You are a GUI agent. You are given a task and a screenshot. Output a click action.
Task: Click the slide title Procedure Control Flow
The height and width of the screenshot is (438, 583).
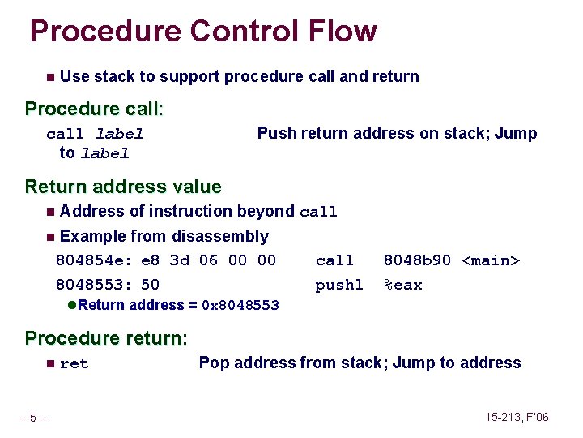pyautogui.click(x=203, y=32)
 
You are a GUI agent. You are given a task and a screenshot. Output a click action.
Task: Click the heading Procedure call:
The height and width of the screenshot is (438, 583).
pyautogui.click(x=95, y=109)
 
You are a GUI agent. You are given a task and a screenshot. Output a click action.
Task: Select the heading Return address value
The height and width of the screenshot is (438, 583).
pyautogui.click(x=123, y=187)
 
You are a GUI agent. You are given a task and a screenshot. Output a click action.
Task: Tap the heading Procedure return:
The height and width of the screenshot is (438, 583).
pyautogui.click(x=106, y=337)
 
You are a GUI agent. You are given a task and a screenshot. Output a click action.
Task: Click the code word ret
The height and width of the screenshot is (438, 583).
pyautogui.click(x=74, y=364)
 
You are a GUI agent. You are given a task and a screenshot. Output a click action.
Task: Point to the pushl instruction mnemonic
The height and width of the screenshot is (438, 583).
pyautogui.click(x=339, y=285)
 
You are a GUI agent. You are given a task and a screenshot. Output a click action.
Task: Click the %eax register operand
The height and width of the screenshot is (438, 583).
pyautogui.click(x=402, y=285)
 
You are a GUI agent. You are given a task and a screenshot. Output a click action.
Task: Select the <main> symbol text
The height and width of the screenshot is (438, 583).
pyautogui.click(x=491, y=260)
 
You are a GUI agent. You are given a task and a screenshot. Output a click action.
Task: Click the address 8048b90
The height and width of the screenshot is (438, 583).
pyautogui.click(x=417, y=260)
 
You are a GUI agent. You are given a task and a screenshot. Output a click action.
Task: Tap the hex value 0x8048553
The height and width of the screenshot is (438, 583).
pyautogui.click(x=240, y=306)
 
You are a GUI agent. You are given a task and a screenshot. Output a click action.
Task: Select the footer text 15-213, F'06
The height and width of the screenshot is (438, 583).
pyautogui.click(x=517, y=417)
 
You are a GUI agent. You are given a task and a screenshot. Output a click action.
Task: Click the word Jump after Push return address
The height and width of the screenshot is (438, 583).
pyautogui.click(x=516, y=134)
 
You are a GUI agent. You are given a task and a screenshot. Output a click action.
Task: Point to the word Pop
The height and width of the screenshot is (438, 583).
pyautogui.click(x=213, y=363)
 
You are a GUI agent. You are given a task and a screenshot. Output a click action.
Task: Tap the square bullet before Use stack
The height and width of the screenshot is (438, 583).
pyautogui.click(x=50, y=77)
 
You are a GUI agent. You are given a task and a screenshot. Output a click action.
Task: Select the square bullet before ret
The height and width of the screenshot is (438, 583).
pyautogui.click(x=50, y=363)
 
